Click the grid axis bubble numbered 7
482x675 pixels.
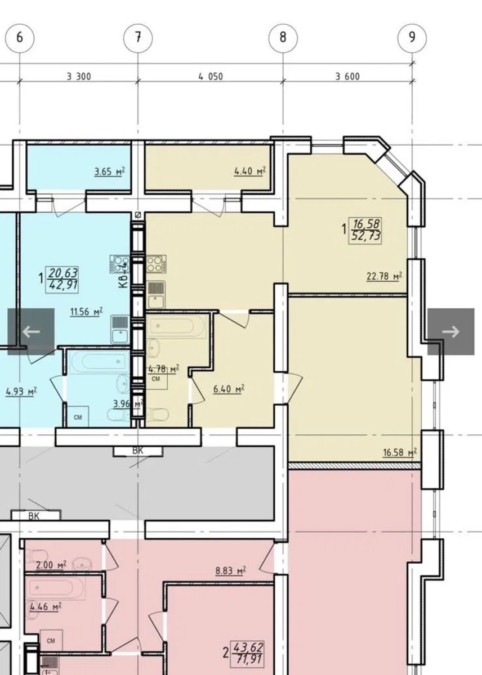pos(138,38)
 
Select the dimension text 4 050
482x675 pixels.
pos(211,77)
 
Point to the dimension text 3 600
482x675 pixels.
pos(347,77)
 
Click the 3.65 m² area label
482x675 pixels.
pos(110,172)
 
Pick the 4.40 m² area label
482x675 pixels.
pos(250,171)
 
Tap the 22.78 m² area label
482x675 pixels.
pos(384,276)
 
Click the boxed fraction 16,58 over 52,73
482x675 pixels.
pos(365,230)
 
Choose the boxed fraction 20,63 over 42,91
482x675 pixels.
pos(62,280)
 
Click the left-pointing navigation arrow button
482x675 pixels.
pos(31,331)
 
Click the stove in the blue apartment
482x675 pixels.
pos(120,264)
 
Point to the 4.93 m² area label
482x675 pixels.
pos(21,392)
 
